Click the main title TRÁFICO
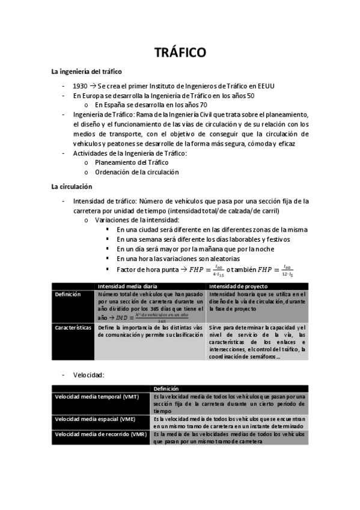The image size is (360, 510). point(180,54)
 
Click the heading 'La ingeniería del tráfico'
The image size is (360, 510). point(87,72)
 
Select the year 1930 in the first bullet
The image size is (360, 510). point(80,85)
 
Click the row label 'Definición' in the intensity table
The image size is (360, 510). point(68,294)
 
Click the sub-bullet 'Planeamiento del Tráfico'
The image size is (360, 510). point(132,162)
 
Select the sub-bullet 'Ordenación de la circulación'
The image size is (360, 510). point(136,172)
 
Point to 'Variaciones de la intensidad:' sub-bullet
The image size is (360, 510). point(138,220)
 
